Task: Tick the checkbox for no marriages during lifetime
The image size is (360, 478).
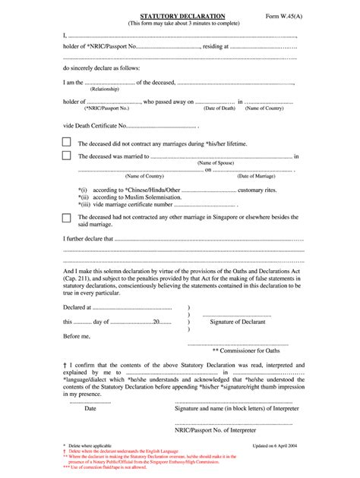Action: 67,142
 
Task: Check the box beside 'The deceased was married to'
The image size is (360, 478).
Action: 67,156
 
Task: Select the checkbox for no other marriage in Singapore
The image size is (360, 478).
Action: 67,218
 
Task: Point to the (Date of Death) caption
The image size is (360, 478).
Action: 219,108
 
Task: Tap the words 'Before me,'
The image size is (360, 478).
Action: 76,335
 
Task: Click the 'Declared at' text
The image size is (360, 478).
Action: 77,309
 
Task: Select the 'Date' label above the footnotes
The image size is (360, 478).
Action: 90,408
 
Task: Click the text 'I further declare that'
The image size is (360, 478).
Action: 87,237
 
